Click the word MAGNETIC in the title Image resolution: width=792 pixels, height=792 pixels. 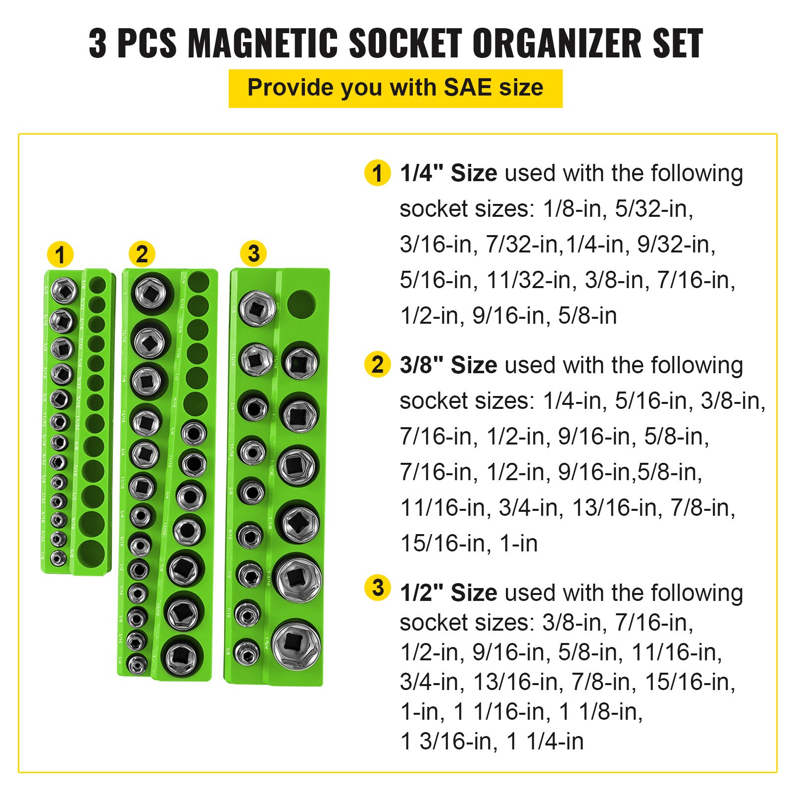[x=263, y=44]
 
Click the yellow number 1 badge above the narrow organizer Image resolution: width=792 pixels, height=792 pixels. [x=60, y=255]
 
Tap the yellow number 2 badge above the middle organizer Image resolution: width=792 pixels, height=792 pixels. [x=142, y=254]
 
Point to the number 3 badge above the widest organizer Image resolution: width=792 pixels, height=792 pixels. [x=253, y=253]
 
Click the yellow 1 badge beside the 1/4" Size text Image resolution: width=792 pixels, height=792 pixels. [x=377, y=173]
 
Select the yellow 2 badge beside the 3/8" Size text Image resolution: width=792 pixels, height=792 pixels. [x=377, y=365]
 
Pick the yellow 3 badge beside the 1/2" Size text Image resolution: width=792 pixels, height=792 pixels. [x=377, y=588]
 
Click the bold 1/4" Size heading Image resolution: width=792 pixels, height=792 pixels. [x=448, y=173]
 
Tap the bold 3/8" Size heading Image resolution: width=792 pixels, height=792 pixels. [x=448, y=365]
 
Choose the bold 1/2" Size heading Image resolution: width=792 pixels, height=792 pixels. [x=448, y=593]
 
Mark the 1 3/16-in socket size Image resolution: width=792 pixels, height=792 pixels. [x=449, y=742]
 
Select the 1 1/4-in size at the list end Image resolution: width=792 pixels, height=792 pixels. [x=545, y=742]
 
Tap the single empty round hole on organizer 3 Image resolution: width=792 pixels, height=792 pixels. [x=301, y=303]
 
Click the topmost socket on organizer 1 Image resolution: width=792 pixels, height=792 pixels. [x=64, y=290]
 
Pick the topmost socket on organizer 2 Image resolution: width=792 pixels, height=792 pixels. [x=152, y=294]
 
